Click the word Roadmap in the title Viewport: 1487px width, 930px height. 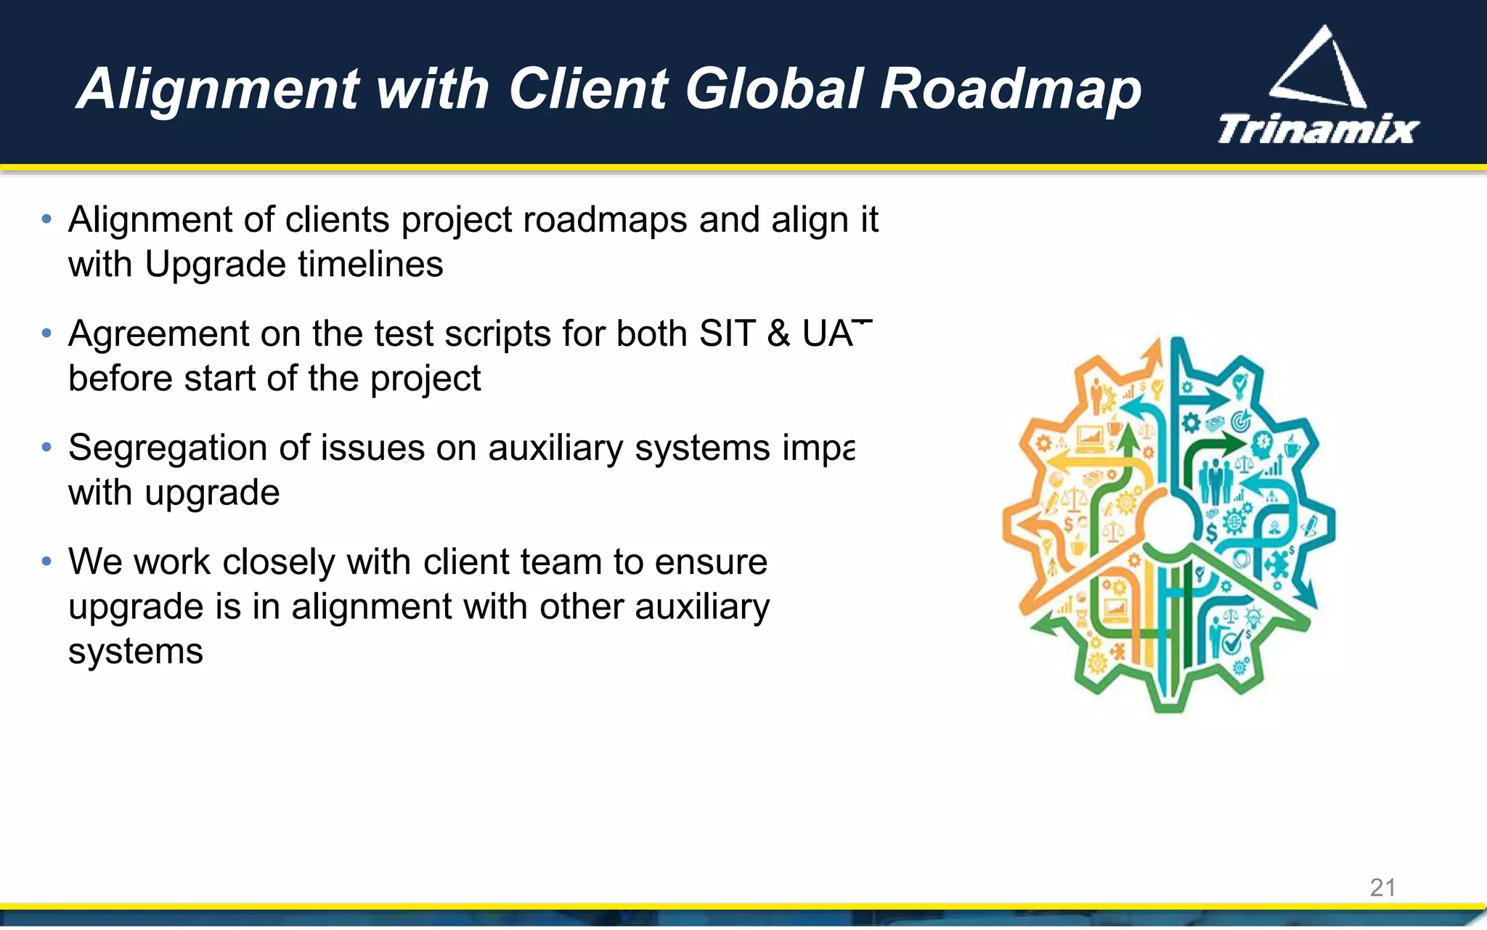click(x=1011, y=89)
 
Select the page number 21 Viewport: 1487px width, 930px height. click(x=1382, y=887)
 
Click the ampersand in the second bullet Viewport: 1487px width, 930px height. click(x=778, y=334)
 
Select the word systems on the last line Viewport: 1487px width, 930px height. click(x=136, y=651)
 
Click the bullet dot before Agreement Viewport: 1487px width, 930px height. click(x=47, y=333)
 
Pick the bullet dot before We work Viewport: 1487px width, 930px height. click(x=47, y=562)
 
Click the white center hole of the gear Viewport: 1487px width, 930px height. click(x=1168, y=523)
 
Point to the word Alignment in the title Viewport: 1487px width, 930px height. click(x=219, y=89)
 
